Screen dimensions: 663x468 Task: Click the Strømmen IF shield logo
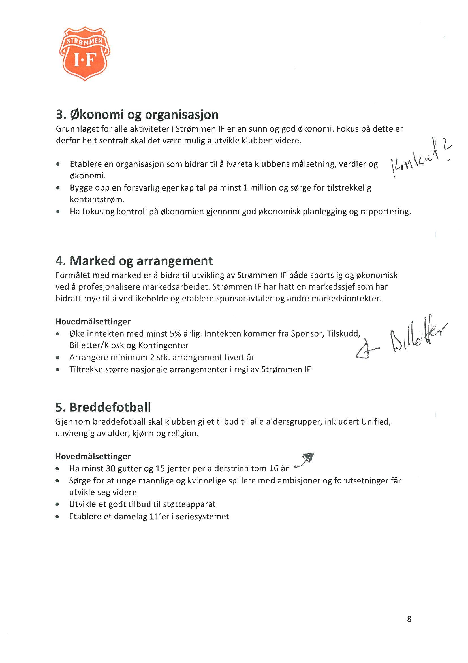point(85,54)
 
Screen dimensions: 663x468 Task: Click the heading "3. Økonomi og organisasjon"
point(137,115)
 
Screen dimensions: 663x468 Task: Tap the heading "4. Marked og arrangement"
point(134,261)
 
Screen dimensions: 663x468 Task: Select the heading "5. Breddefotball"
point(103,407)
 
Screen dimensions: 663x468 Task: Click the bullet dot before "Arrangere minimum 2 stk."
point(58,358)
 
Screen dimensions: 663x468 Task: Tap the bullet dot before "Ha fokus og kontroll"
point(58,212)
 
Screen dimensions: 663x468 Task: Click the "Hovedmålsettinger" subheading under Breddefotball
point(93,457)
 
